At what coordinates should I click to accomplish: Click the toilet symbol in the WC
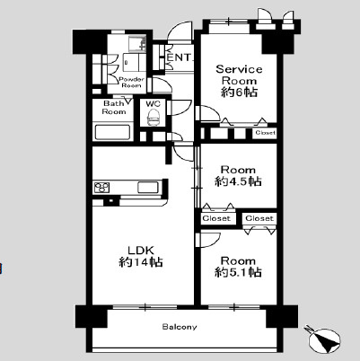(x=154, y=117)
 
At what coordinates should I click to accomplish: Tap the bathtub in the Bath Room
(x=112, y=133)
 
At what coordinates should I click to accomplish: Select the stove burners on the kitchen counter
(x=101, y=188)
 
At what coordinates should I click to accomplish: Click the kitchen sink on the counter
(x=147, y=188)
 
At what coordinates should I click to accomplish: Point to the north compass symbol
(x=323, y=339)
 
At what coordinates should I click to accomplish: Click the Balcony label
(x=180, y=327)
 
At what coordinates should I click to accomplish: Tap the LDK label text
(x=141, y=251)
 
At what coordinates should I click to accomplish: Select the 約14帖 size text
(x=141, y=262)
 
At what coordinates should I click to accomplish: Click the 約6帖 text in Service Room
(x=239, y=92)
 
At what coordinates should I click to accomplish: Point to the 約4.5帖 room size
(x=238, y=181)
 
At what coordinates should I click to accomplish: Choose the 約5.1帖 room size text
(x=238, y=272)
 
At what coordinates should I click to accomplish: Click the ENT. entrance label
(x=179, y=57)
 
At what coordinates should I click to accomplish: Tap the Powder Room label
(x=132, y=83)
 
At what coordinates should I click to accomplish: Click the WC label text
(x=153, y=104)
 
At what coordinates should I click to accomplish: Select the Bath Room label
(x=114, y=108)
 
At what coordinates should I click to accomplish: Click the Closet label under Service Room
(x=266, y=133)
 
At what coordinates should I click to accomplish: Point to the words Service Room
(x=239, y=75)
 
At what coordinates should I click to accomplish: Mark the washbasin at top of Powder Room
(x=137, y=44)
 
